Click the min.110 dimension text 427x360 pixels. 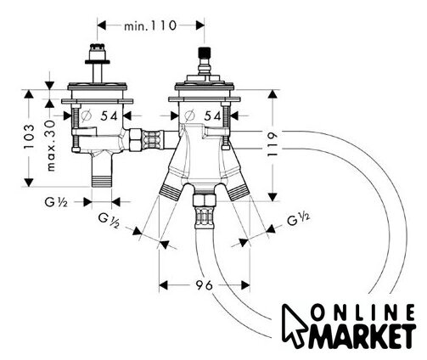(150, 26)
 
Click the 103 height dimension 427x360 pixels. (29, 137)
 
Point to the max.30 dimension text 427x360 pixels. (51, 145)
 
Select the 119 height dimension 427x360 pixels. (272, 145)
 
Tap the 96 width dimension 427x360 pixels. (204, 285)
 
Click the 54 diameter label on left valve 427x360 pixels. (109, 115)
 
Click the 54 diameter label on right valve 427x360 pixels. (212, 115)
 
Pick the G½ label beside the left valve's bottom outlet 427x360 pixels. (56, 202)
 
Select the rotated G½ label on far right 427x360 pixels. (299, 219)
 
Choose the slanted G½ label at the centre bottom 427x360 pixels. (110, 221)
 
